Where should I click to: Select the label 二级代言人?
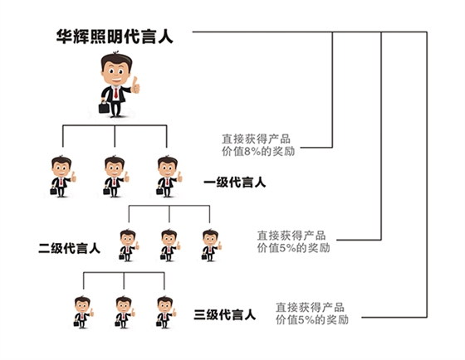click(70, 247)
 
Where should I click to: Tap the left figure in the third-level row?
click(83, 311)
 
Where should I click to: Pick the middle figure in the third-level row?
click(125, 311)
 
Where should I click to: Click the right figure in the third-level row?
click(165, 311)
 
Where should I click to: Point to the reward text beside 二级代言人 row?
click(293, 241)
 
